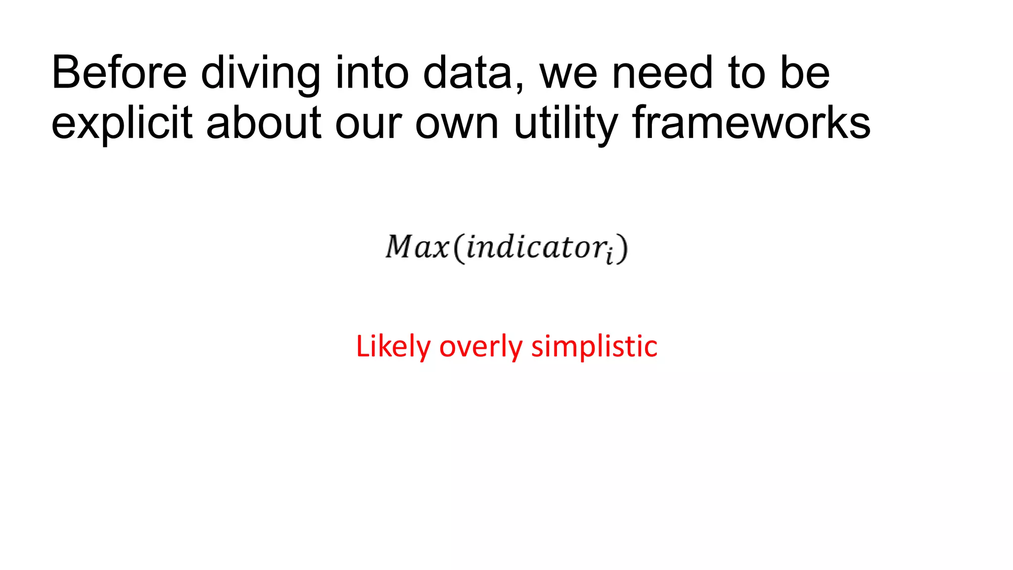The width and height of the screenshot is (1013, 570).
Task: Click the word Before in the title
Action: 119,73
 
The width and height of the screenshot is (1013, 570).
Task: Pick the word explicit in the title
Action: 122,123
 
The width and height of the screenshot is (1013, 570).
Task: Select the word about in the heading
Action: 263,122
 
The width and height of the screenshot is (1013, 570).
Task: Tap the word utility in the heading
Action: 565,123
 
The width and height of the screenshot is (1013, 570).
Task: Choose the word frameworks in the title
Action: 751,122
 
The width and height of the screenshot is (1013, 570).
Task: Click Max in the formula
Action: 417,247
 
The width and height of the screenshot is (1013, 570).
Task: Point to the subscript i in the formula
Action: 610,256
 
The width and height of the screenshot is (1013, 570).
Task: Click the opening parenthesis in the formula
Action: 460,248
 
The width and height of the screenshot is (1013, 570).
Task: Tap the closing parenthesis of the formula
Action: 623,248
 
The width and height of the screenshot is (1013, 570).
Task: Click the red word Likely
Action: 393,346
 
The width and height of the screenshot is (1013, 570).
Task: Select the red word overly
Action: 480,346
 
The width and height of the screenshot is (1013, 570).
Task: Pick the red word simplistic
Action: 594,346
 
